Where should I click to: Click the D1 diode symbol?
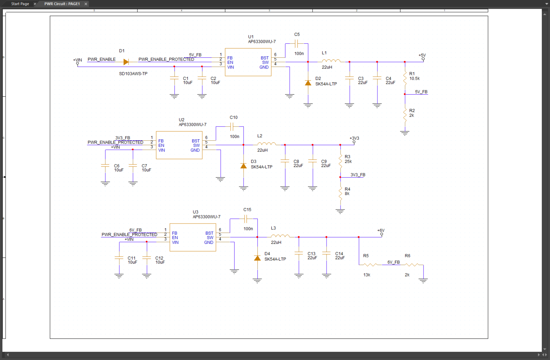point(126,62)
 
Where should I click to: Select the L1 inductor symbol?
point(331,61)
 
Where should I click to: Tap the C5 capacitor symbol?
point(296,44)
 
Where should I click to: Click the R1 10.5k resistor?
point(405,78)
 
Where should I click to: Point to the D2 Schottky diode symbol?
point(308,83)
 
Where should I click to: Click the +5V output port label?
point(422,56)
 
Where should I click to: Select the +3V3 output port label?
point(354,138)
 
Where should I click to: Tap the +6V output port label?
point(381,231)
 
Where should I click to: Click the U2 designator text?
point(182,120)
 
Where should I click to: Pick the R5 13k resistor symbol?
point(370,265)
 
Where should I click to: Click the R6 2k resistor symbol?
point(412,265)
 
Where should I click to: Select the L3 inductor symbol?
point(280,236)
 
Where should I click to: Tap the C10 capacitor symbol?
point(232,126)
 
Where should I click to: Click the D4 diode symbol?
point(257,258)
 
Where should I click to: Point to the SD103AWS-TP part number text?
point(133,74)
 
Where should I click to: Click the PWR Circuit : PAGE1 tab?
point(62,4)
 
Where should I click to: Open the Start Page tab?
point(20,4)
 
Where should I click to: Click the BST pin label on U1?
point(264,58)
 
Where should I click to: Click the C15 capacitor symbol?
point(246,219)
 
